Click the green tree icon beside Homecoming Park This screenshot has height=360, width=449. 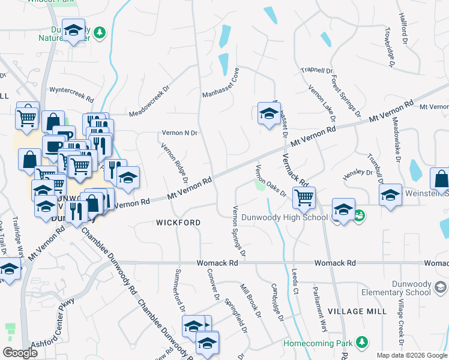(x=361, y=342)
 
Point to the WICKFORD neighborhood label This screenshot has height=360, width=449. (x=178, y=223)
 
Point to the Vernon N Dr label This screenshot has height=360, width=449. (x=179, y=133)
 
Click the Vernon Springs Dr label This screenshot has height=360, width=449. (x=238, y=230)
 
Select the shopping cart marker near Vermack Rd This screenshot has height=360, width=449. (x=304, y=196)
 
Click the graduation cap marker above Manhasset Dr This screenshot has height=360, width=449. (x=269, y=112)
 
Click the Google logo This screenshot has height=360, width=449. (x=20, y=353)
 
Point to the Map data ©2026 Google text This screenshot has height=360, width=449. (x=411, y=355)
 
